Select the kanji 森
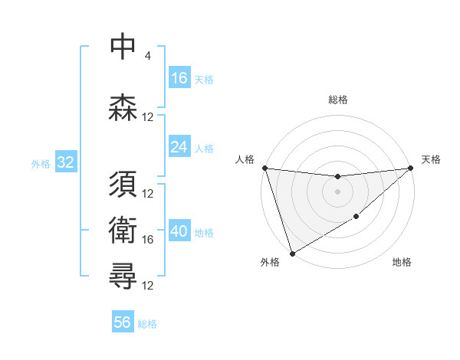(x=124, y=107)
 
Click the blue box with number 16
(x=179, y=78)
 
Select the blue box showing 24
(x=179, y=147)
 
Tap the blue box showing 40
(x=179, y=231)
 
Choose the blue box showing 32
(x=65, y=162)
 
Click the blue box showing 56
(x=123, y=322)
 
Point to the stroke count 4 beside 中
(x=147, y=56)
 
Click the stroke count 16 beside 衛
(x=148, y=240)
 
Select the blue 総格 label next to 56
(x=147, y=324)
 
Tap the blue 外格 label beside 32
(x=41, y=163)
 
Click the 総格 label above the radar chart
(x=338, y=100)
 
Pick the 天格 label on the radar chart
(x=432, y=159)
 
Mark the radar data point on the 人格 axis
(x=264, y=168)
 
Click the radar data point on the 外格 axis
(x=292, y=253)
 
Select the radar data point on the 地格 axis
(x=356, y=218)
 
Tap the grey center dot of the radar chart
(x=337, y=191)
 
